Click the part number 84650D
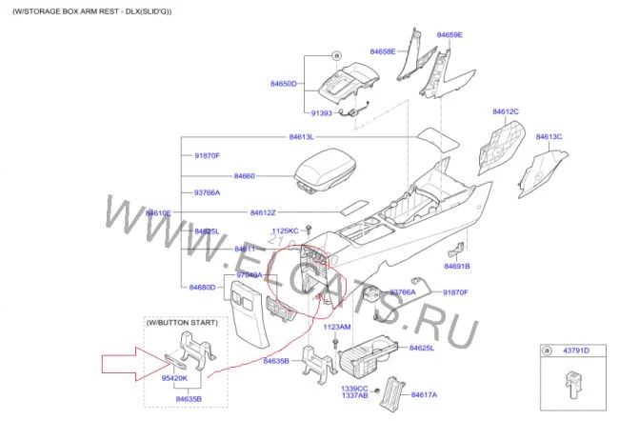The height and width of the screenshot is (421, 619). point(284,84)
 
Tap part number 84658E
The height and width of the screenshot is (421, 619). point(382,50)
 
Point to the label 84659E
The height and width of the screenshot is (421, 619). point(449,35)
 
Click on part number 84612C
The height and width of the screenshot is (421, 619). point(506,111)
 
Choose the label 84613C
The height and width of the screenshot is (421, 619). point(549,136)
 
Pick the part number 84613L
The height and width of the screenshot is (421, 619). point(302,137)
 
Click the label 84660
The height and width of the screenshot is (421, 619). point(245,176)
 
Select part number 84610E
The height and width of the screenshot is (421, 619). point(158,212)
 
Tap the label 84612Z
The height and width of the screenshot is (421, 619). point(263,212)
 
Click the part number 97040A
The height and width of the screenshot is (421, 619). point(249,275)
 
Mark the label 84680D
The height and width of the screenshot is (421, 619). point(202,287)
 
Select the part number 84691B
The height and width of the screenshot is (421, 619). point(457,266)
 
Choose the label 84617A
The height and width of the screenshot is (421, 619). point(424,393)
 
